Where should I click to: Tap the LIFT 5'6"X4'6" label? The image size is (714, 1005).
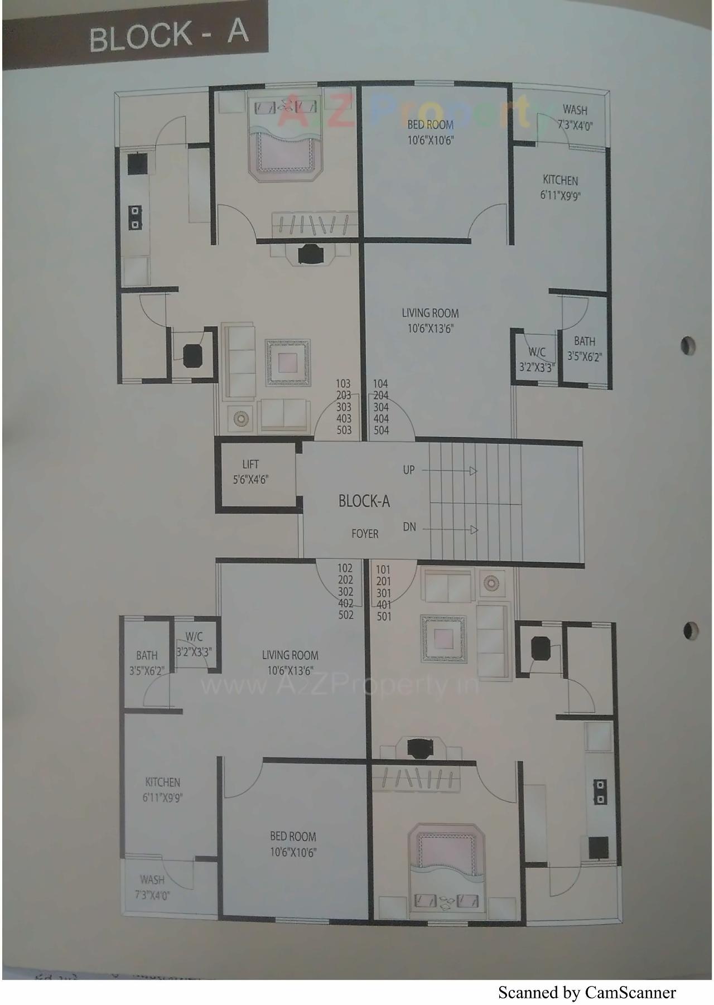[250, 472]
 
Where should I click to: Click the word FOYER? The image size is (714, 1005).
[365, 534]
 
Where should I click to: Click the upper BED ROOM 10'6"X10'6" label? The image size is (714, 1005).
[430, 132]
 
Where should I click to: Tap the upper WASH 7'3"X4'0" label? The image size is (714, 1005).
[575, 117]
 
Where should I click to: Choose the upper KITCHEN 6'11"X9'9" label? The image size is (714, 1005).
[561, 187]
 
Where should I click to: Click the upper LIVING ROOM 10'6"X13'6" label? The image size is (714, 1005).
[430, 321]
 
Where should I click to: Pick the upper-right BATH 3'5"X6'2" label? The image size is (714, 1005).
[585, 348]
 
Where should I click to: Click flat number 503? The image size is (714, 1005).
[344, 430]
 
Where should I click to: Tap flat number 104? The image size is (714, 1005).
[381, 384]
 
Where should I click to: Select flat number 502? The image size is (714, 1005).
[346, 615]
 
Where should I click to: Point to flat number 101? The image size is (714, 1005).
[383, 570]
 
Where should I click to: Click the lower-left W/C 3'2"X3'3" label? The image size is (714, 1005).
[194, 644]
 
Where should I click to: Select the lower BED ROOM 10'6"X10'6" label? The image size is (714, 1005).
[293, 844]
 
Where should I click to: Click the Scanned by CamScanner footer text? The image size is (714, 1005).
[587, 993]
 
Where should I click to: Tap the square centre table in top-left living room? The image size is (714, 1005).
[287, 362]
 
